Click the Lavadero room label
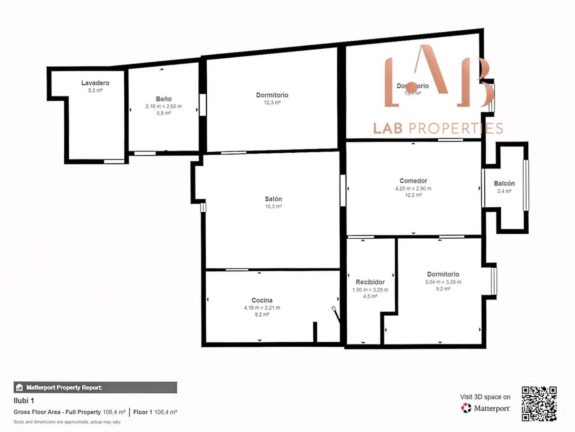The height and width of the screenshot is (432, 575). [95, 83]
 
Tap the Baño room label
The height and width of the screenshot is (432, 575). [164, 99]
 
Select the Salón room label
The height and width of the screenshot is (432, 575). [273, 199]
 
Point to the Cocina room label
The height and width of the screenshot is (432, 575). [262, 300]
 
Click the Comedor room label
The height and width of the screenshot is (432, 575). [413, 181]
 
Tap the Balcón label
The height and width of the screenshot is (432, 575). [504, 183]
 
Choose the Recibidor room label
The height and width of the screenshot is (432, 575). [370, 282]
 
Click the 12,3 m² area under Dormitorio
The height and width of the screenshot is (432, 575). [272, 103]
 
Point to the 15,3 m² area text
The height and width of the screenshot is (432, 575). [273, 206]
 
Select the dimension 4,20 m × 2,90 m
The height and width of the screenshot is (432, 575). [413, 188]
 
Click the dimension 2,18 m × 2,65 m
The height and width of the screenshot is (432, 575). [164, 106]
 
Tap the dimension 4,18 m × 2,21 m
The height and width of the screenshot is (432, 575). [262, 308]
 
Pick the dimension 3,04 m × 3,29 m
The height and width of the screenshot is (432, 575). [443, 282]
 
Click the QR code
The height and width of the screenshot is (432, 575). [539, 404]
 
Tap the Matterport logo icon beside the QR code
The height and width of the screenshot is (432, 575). [466, 408]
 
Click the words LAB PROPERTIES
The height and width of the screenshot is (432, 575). [438, 129]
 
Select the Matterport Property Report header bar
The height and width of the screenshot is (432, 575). [95, 387]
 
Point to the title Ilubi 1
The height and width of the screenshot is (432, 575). [24, 401]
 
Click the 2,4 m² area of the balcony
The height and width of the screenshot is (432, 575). [504, 191]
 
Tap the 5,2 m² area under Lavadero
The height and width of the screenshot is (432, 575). [95, 90]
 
